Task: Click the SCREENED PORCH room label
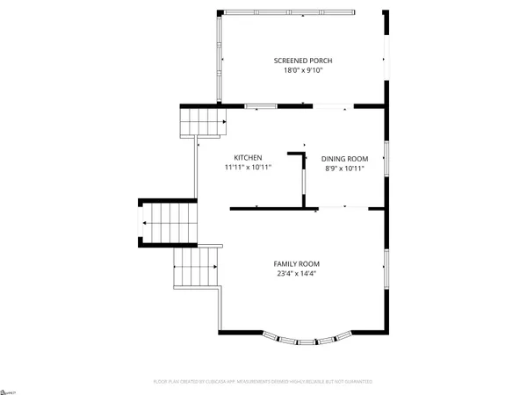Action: (x=303, y=61)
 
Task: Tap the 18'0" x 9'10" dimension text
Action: (x=303, y=70)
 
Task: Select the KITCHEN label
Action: (x=248, y=158)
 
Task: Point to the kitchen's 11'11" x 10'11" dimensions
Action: (x=248, y=167)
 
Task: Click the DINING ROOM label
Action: (x=344, y=159)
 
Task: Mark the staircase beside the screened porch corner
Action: (x=198, y=120)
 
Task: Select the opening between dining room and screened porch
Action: (x=334, y=107)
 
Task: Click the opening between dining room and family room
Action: (x=343, y=208)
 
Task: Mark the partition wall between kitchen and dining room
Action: (x=303, y=180)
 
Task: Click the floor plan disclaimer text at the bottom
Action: (x=263, y=382)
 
